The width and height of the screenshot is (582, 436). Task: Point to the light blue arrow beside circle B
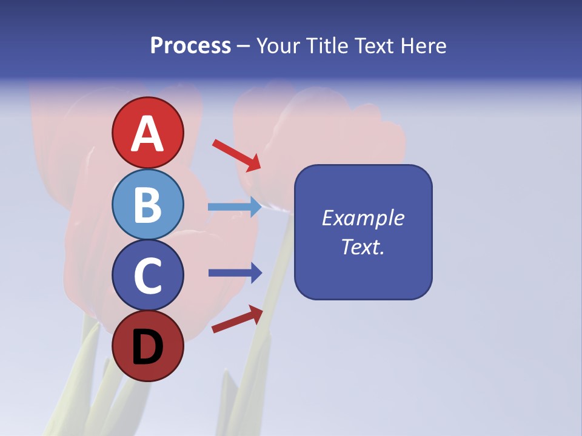coord(235,206)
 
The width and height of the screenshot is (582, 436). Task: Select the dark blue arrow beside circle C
coord(235,273)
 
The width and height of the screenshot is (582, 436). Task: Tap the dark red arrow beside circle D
coord(237,319)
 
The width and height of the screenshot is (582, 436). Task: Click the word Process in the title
coord(190,45)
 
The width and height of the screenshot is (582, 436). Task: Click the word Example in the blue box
coord(363,218)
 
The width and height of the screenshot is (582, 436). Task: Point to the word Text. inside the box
coord(363,246)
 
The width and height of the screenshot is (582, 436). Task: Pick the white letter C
coord(147,276)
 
